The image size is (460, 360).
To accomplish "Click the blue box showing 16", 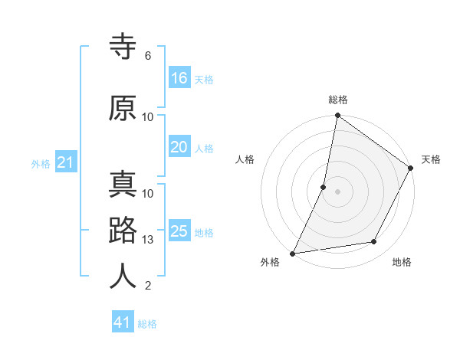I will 179,77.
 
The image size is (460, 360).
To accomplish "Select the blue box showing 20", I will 179,147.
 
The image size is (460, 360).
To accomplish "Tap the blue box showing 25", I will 179,231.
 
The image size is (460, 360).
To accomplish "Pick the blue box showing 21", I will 65,162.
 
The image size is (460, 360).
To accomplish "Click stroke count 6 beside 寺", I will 148,56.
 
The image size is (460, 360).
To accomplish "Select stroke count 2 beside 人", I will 148,286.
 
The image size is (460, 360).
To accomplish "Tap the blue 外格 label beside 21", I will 41,163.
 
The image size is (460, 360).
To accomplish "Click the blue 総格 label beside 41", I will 147,324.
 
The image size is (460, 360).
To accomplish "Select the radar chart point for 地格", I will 374,242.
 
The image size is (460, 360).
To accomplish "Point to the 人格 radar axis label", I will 245,159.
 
